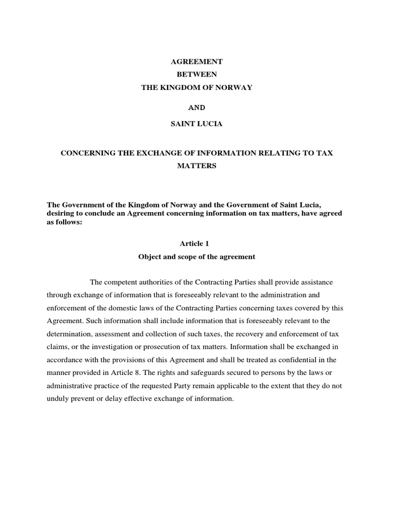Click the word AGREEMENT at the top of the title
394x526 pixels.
click(197, 62)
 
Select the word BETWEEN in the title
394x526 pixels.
click(197, 74)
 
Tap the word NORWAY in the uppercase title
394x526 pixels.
click(233, 87)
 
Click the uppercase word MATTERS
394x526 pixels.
click(197, 166)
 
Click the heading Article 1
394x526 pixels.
click(197, 243)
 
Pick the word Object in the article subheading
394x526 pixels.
click(149, 256)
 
